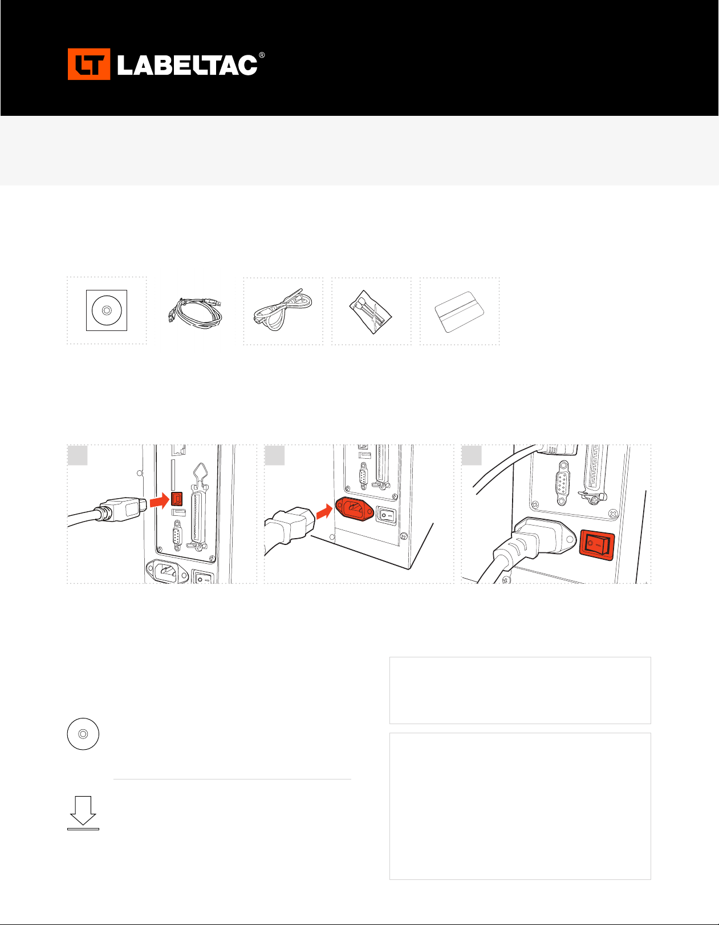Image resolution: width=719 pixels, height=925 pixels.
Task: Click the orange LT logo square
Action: [x=89, y=64]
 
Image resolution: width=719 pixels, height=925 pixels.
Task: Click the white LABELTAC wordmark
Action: [x=188, y=65]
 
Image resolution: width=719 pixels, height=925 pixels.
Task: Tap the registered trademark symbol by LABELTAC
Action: [x=262, y=55]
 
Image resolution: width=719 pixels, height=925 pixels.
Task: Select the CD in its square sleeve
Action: [x=107, y=310]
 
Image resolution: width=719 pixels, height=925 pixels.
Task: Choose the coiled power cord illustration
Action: [x=283, y=310]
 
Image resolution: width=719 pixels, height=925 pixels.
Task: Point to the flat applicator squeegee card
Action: [x=460, y=312]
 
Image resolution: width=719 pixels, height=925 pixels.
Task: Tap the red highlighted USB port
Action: [x=177, y=499]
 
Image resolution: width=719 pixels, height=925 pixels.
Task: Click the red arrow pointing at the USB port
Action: [x=160, y=500]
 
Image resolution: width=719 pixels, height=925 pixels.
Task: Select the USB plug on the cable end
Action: [x=123, y=509]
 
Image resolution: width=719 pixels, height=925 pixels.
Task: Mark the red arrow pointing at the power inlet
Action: [x=325, y=511]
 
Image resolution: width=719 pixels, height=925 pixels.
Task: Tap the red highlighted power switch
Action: [x=597, y=545]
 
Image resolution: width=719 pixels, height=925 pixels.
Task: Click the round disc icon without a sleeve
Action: [x=83, y=734]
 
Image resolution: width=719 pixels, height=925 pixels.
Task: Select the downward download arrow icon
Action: [x=83, y=813]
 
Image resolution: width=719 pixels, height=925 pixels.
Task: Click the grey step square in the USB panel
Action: [x=78, y=455]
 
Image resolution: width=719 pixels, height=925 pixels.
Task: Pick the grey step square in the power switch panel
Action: [x=472, y=455]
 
